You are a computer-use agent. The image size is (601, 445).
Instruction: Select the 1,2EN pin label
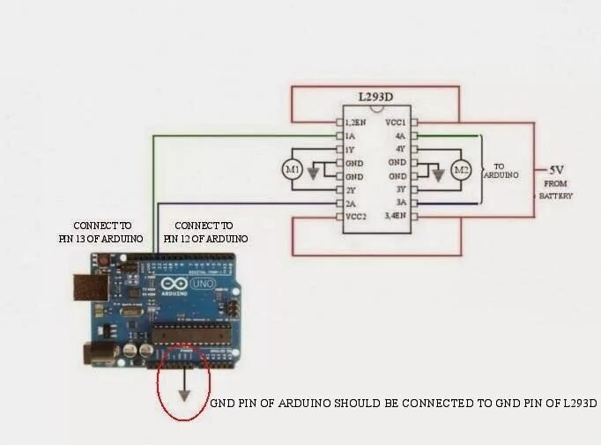(x=357, y=122)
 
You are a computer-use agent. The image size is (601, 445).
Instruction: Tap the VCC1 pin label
(x=396, y=122)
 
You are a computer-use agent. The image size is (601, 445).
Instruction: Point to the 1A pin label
(x=351, y=137)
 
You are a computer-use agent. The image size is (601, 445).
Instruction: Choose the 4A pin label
(x=400, y=137)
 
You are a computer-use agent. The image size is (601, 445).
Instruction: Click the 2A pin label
(x=351, y=203)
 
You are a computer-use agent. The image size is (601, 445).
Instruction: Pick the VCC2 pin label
(x=356, y=216)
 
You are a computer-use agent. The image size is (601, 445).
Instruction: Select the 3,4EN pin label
(x=396, y=216)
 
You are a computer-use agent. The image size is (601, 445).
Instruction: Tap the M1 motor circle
(x=292, y=167)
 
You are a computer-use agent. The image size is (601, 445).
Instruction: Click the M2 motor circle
(x=460, y=169)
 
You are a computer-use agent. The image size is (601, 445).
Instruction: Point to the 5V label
(x=557, y=169)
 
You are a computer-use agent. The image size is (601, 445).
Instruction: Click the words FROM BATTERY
(x=556, y=189)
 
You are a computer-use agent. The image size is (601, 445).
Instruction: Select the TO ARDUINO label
(x=501, y=170)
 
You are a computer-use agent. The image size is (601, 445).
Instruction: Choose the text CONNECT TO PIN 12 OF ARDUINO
(x=205, y=232)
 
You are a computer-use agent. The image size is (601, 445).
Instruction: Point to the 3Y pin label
(x=400, y=189)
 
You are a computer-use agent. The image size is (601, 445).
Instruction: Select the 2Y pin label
(x=351, y=189)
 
